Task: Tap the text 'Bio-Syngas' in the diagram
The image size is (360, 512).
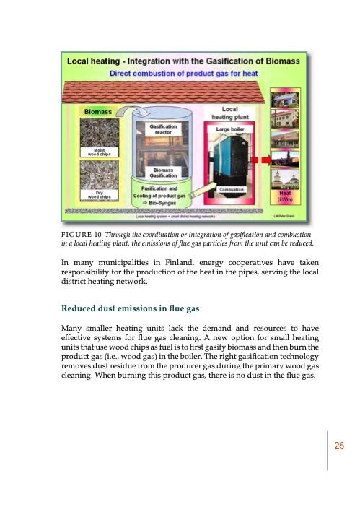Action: (x=159, y=204)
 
